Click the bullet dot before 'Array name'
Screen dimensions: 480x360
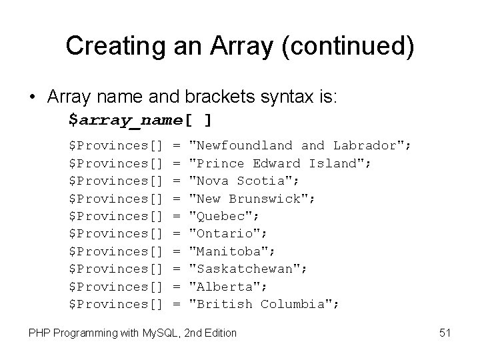[33, 97]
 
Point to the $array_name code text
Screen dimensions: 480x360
[125, 120]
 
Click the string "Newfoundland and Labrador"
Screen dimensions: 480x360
[301, 145]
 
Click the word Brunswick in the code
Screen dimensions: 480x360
[268, 198]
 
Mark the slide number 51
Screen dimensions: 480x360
[445, 333]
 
